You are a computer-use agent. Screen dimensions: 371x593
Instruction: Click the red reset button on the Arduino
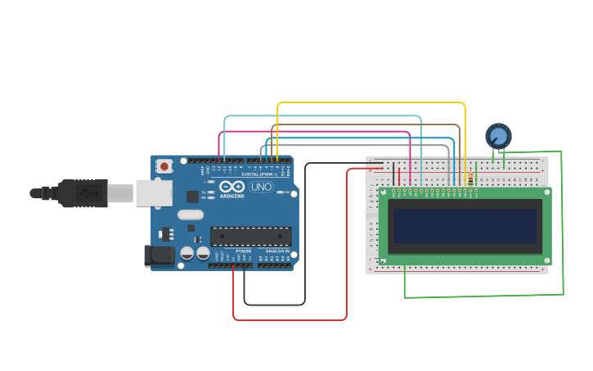click(x=164, y=166)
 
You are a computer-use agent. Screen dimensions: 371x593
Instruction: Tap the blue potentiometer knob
click(x=497, y=135)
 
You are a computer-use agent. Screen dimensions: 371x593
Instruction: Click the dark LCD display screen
click(x=465, y=226)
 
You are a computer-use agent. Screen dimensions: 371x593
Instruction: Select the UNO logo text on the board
click(x=261, y=187)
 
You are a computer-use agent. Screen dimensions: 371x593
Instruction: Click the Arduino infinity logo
click(x=231, y=187)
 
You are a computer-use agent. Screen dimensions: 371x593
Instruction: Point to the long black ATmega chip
click(x=250, y=237)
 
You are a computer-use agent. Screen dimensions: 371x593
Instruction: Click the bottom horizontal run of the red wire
click(x=290, y=319)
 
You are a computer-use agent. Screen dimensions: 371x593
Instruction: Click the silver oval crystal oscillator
click(x=190, y=215)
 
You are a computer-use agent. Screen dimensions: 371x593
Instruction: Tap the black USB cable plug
click(x=82, y=193)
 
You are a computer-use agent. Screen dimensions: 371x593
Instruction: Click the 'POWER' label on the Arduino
click(x=243, y=251)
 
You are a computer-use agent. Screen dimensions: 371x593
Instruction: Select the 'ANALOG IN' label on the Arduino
click(x=277, y=251)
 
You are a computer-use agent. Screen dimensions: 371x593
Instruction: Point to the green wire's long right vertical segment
click(x=563, y=221)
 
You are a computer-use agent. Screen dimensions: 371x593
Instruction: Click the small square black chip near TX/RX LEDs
click(x=192, y=197)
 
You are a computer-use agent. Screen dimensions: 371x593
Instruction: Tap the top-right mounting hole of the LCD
click(x=546, y=192)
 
